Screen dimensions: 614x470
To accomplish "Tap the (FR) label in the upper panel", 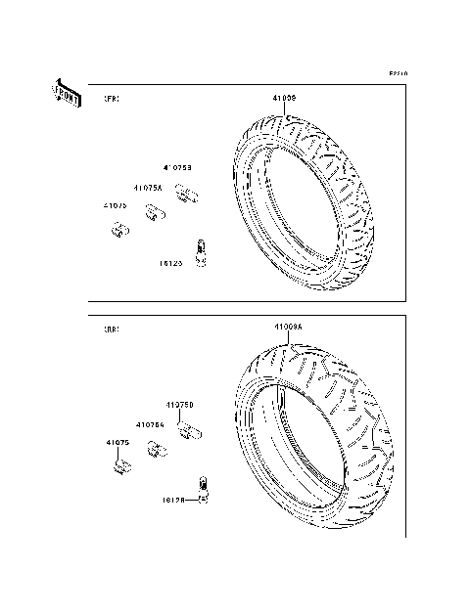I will coord(113,100).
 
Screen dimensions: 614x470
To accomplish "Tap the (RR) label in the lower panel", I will coord(113,330).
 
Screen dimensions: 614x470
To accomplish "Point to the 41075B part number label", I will coord(177,168).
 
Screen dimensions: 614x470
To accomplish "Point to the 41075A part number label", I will coord(150,187).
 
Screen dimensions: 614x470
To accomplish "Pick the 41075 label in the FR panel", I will coord(116,206).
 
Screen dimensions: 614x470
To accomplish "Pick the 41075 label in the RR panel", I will coord(118,443).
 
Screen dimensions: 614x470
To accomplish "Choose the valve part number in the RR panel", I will coord(173,500).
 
